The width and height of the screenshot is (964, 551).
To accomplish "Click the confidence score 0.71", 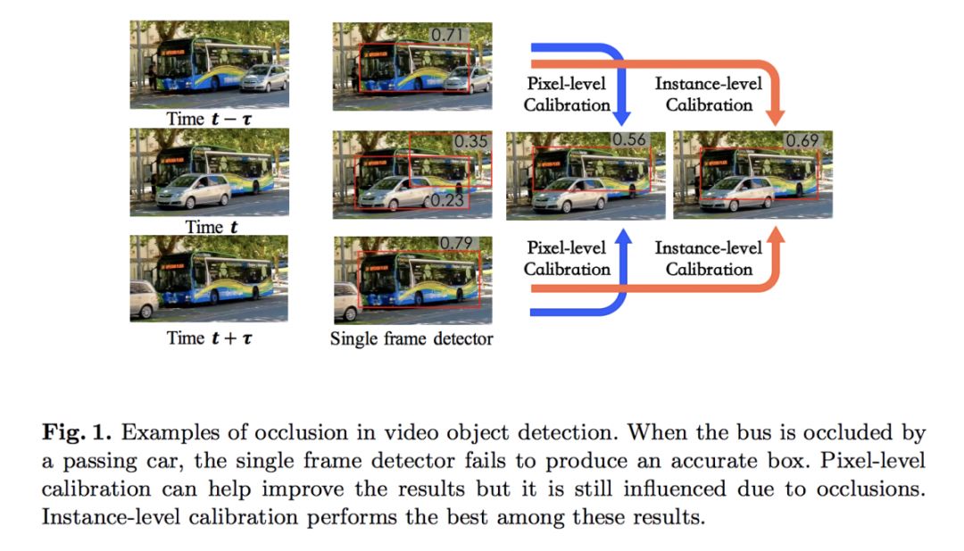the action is click(x=449, y=35).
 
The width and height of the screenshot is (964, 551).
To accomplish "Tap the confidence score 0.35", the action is click(x=470, y=142).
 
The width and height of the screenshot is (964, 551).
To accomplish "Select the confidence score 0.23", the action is click(x=447, y=200).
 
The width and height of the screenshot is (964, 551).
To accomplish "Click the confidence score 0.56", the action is click(x=628, y=141).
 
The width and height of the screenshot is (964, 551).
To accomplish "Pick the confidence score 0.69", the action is click(x=802, y=141).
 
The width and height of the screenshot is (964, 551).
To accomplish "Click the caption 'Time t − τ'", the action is click(x=209, y=118).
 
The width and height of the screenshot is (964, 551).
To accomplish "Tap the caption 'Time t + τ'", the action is click(x=210, y=338).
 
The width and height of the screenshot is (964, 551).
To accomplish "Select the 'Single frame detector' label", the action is click(x=411, y=338).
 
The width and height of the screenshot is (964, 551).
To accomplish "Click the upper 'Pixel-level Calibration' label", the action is click(x=566, y=95).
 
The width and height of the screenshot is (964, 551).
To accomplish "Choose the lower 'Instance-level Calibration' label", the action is click(x=709, y=259).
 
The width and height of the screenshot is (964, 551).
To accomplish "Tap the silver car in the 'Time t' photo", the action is click(x=193, y=191).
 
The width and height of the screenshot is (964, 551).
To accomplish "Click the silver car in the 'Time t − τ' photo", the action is click(x=264, y=79).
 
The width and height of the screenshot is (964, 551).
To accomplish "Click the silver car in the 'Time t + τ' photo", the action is click(x=144, y=300).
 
